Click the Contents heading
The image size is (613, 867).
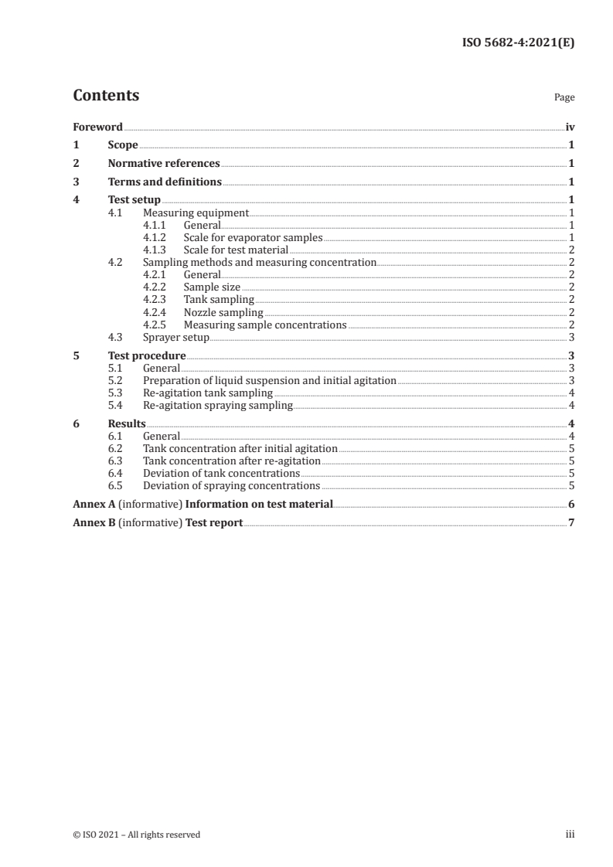(106, 96)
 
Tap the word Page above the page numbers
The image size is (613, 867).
(564, 98)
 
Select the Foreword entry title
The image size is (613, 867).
(97, 127)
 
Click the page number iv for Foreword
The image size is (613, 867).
(570, 127)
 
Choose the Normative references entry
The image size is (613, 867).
(164, 164)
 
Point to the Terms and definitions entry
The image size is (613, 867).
(165, 182)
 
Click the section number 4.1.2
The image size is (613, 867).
(156, 237)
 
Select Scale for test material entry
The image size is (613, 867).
(236, 250)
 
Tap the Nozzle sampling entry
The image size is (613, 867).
(223, 313)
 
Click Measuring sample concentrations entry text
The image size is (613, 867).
(265, 325)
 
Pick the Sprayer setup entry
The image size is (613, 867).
(176, 338)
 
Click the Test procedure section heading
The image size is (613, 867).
(147, 356)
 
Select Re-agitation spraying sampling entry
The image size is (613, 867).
(218, 406)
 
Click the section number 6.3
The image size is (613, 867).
(116, 461)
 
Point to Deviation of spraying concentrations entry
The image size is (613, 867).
(231, 486)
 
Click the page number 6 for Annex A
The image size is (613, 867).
(570, 505)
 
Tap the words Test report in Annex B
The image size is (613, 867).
(214, 523)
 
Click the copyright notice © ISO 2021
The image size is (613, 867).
(137, 835)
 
